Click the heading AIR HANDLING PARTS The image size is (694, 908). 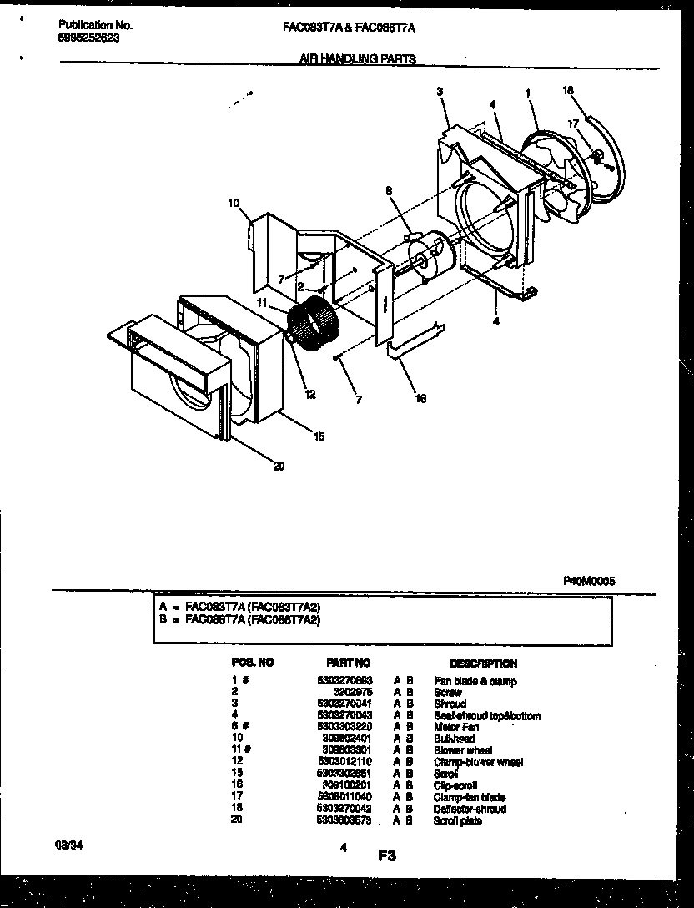click(356, 58)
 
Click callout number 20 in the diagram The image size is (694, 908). click(279, 467)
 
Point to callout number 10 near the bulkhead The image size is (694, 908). click(234, 202)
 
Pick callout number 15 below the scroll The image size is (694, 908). click(318, 436)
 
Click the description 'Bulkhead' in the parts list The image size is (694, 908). click(455, 739)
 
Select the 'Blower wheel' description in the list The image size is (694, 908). click(463, 750)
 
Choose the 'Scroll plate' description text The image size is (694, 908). click(458, 821)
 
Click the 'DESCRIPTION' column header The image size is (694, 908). click(482, 663)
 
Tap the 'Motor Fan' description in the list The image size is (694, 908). click(455, 727)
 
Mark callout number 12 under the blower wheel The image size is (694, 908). click(309, 395)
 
